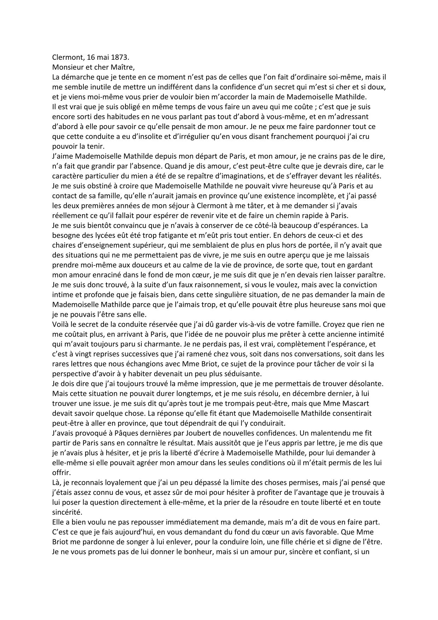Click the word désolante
tap(368, 383)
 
